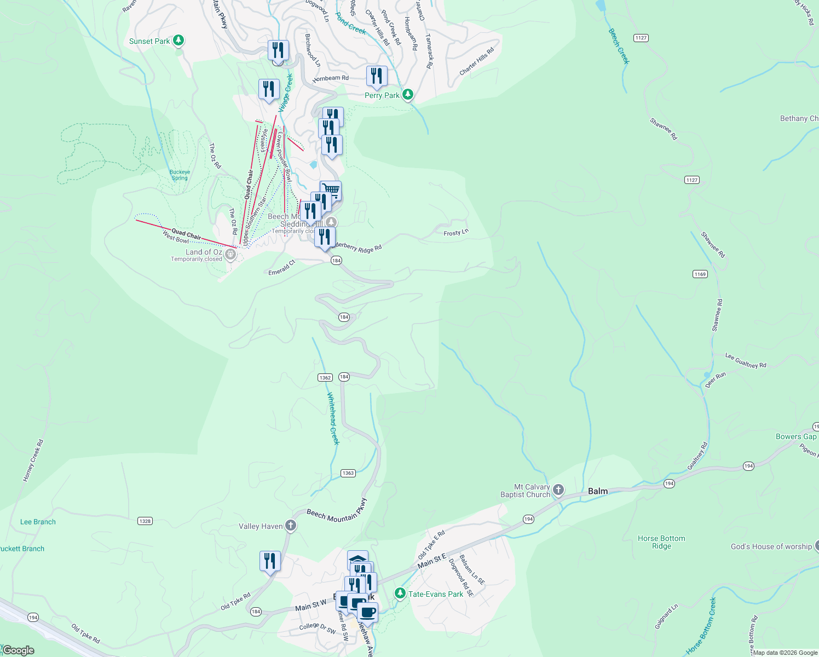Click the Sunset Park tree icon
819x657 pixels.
[178, 41]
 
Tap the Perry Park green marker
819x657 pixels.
[407, 95]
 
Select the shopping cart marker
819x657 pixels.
[331, 191]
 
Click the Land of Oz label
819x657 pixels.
[204, 252]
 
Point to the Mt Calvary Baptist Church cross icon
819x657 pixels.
[558, 489]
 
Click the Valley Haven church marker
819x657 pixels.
[291, 526]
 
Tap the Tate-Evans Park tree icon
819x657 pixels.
[400, 593]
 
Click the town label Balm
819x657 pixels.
[598, 491]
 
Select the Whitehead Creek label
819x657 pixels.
[333, 418]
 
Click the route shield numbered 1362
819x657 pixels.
[325, 377]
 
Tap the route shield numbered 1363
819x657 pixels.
[348, 473]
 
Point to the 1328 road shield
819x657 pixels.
[145, 521]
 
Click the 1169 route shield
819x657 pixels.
[700, 274]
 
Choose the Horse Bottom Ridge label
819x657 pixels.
[661, 542]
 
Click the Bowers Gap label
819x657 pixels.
[796, 436]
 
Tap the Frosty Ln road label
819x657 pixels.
[456, 233]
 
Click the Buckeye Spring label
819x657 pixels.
[180, 175]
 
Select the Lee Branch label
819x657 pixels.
[38, 522]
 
